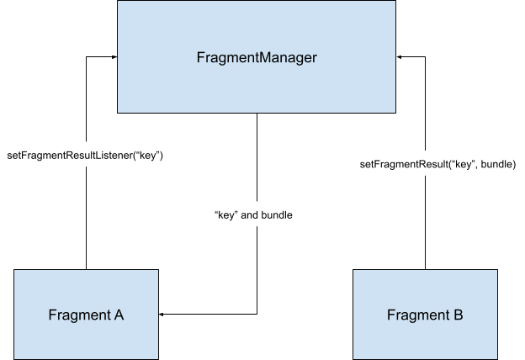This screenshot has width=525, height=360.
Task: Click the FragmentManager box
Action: click(257, 56)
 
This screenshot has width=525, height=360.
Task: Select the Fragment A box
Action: click(86, 315)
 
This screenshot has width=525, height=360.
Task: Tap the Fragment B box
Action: click(425, 315)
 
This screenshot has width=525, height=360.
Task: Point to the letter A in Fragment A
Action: click(119, 315)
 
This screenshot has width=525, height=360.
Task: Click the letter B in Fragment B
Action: click(458, 315)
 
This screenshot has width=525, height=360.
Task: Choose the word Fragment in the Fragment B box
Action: click(418, 315)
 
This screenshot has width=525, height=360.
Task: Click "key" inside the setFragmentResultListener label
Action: click(149, 156)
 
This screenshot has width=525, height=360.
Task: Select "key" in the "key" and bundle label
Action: click(225, 215)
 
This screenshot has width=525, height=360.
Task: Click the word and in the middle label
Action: click(250, 215)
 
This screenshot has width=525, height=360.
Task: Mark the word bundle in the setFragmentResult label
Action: click(495, 163)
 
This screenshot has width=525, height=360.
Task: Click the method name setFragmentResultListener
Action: click(70, 156)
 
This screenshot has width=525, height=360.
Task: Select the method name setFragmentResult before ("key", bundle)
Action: click(400, 163)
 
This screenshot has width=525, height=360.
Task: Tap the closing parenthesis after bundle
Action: click(513, 163)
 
